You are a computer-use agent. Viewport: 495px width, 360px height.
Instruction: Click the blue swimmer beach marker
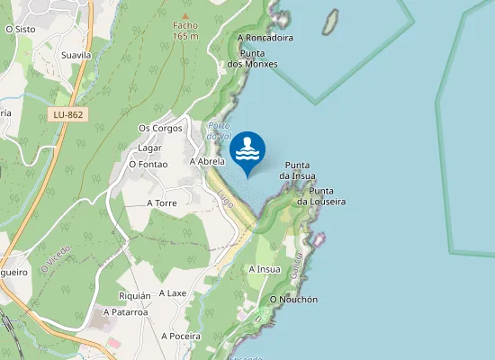tap(247, 150)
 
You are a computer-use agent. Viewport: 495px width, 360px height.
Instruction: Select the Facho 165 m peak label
tap(185, 30)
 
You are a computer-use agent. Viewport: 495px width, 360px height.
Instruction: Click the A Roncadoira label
tap(265, 39)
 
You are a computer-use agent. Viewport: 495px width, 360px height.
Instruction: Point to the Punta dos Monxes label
tap(252, 58)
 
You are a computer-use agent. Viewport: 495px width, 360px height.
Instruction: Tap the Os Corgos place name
tap(160, 129)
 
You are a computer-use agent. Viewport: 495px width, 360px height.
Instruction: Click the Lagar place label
tap(149, 148)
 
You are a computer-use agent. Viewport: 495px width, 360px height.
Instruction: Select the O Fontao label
tap(148, 164)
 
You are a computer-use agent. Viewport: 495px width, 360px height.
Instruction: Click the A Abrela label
tap(206, 161)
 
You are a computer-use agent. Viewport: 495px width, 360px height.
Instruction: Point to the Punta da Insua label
tap(297, 170)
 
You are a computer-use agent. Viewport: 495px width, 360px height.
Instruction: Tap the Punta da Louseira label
tap(321, 196)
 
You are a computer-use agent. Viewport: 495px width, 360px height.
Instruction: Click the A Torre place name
tap(162, 203)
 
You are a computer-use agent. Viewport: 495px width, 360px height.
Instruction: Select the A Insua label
tap(264, 269)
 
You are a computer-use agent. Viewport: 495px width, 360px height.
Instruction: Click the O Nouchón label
tap(293, 300)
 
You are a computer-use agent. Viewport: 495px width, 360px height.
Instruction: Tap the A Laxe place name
tap(172, 293)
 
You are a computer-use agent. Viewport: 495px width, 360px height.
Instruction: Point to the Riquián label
tap(135, 296)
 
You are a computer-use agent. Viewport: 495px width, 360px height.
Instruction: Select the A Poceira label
tap(181, 336)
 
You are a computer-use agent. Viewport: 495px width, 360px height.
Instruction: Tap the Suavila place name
tap(76, 55)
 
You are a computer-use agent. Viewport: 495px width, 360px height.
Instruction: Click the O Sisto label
tap(20, 29)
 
